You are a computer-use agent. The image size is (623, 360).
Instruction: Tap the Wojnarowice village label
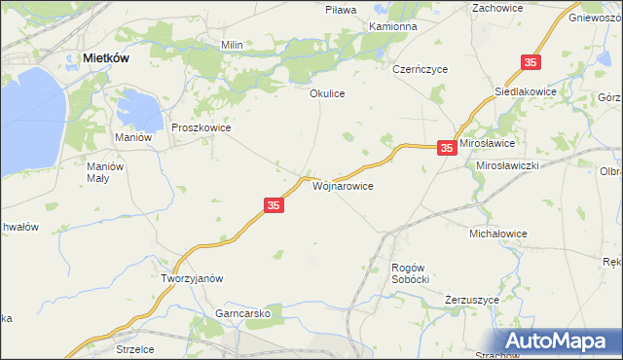(342, 184)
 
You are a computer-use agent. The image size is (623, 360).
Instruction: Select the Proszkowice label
(201, 127)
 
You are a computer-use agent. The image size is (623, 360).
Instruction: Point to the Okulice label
(328, 94)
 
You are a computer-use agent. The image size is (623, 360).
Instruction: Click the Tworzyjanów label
(192, 277)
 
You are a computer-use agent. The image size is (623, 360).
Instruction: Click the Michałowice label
(497, 234)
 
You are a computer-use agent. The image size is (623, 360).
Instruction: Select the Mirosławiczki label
(507, 165)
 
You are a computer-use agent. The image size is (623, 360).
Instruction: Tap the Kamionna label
(392, 26)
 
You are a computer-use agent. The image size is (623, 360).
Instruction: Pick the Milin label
(232, 45)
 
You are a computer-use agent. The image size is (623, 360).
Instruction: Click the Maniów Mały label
(105, 172)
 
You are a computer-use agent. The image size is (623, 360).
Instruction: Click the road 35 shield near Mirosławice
(446, 148)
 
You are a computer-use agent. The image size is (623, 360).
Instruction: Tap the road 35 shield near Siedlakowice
(530, 62)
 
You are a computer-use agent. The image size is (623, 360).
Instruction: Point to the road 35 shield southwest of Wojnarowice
(274, 205)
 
